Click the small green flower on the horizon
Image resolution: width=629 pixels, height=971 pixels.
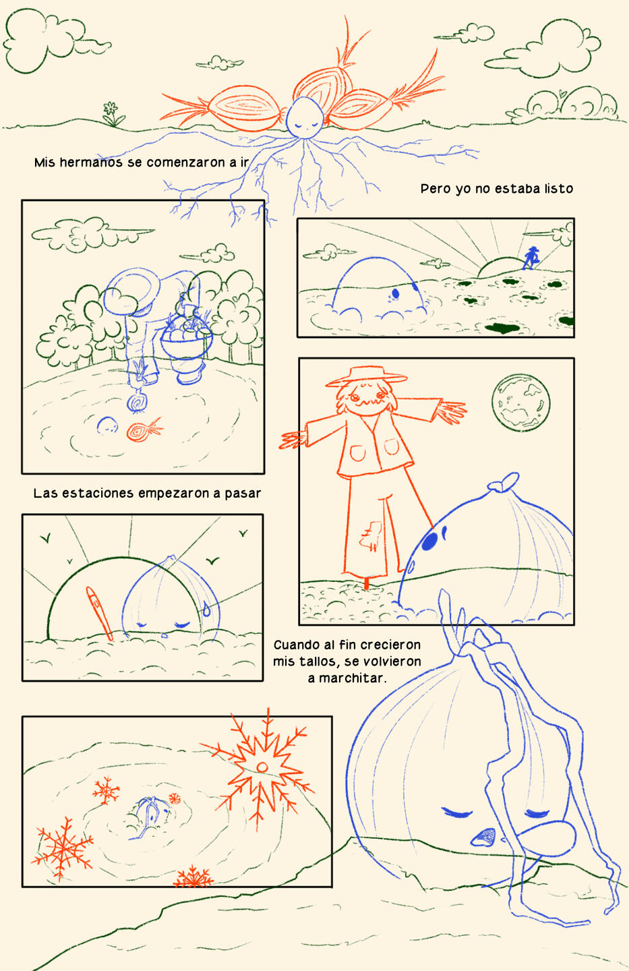click(113, 113)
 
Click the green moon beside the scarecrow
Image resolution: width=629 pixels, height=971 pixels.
click(521, 403)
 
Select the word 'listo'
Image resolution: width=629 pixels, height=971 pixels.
click(559, 189)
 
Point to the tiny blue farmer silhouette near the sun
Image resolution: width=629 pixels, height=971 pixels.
click(531, 258)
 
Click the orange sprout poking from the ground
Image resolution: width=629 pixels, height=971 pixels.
click(99, 614)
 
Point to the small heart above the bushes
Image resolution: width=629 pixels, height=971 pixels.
click(562, 92)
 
